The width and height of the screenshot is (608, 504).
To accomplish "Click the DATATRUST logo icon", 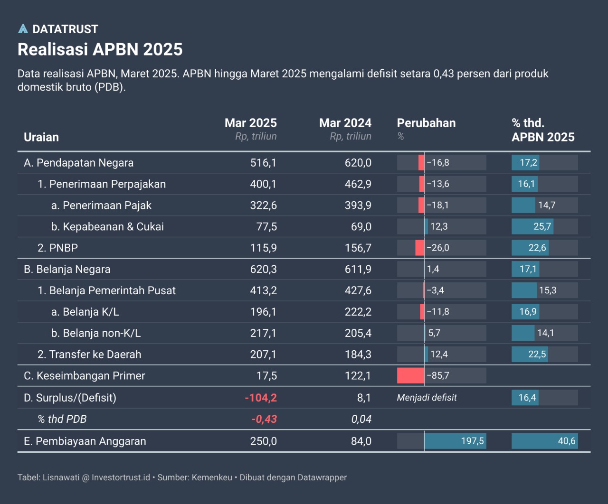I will (x=23, y=29).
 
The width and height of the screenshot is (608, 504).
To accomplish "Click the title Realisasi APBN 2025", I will (x=100, y=49).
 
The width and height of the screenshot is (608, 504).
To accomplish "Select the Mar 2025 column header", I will (x=250, y=123).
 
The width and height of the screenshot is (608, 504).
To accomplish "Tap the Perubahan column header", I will (x=426, y=123).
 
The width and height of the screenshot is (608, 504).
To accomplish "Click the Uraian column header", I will (x=41, y=137).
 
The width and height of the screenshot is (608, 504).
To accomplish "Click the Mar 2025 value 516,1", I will (x=263, y=163).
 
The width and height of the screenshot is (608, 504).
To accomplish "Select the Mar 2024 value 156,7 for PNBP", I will (x=358, y=248).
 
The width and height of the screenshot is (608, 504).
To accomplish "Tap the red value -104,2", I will (x=261, y=398).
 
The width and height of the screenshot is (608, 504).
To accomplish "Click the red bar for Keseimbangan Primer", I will (x=410, y=376).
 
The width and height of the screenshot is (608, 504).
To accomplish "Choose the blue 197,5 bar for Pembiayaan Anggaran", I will (x=455, y=441).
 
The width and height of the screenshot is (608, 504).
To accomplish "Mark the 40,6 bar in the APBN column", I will (x=544, y=441).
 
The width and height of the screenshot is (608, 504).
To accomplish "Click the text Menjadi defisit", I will (x=427, y=398).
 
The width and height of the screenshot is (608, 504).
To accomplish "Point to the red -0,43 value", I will (x=264, y=419).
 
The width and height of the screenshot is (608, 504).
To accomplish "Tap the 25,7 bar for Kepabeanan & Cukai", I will (x=532, y=226).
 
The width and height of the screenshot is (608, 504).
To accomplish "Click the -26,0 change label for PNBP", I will (x=437, y=248).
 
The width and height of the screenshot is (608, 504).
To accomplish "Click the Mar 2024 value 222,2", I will (x=358, y=312).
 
